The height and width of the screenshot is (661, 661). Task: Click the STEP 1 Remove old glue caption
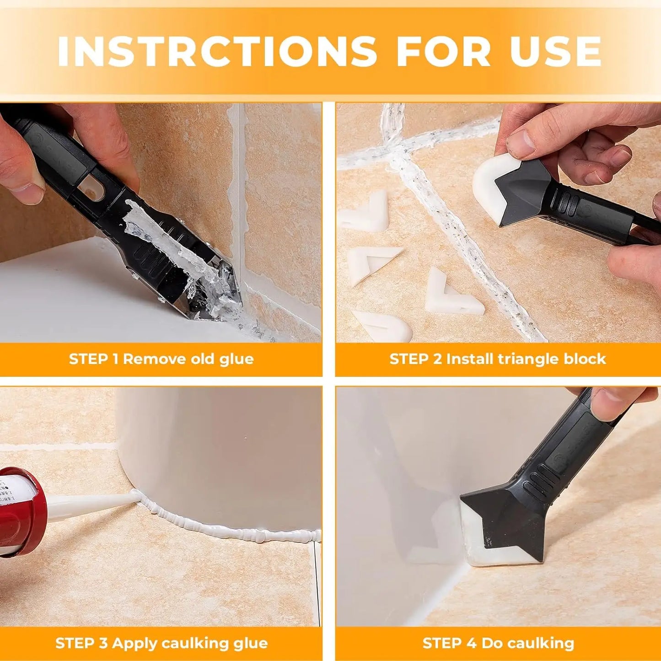click(x=161, y=359)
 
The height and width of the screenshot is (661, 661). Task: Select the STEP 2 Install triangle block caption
click(x=498, y=359)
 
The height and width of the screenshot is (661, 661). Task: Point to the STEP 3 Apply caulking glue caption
click(x=161, y=643)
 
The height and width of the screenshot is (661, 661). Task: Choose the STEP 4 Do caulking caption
click(x=498, y=643)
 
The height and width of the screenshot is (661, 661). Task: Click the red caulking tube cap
click(x=23, y=512)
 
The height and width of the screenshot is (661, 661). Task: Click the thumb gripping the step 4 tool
click(x=611, y=403)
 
